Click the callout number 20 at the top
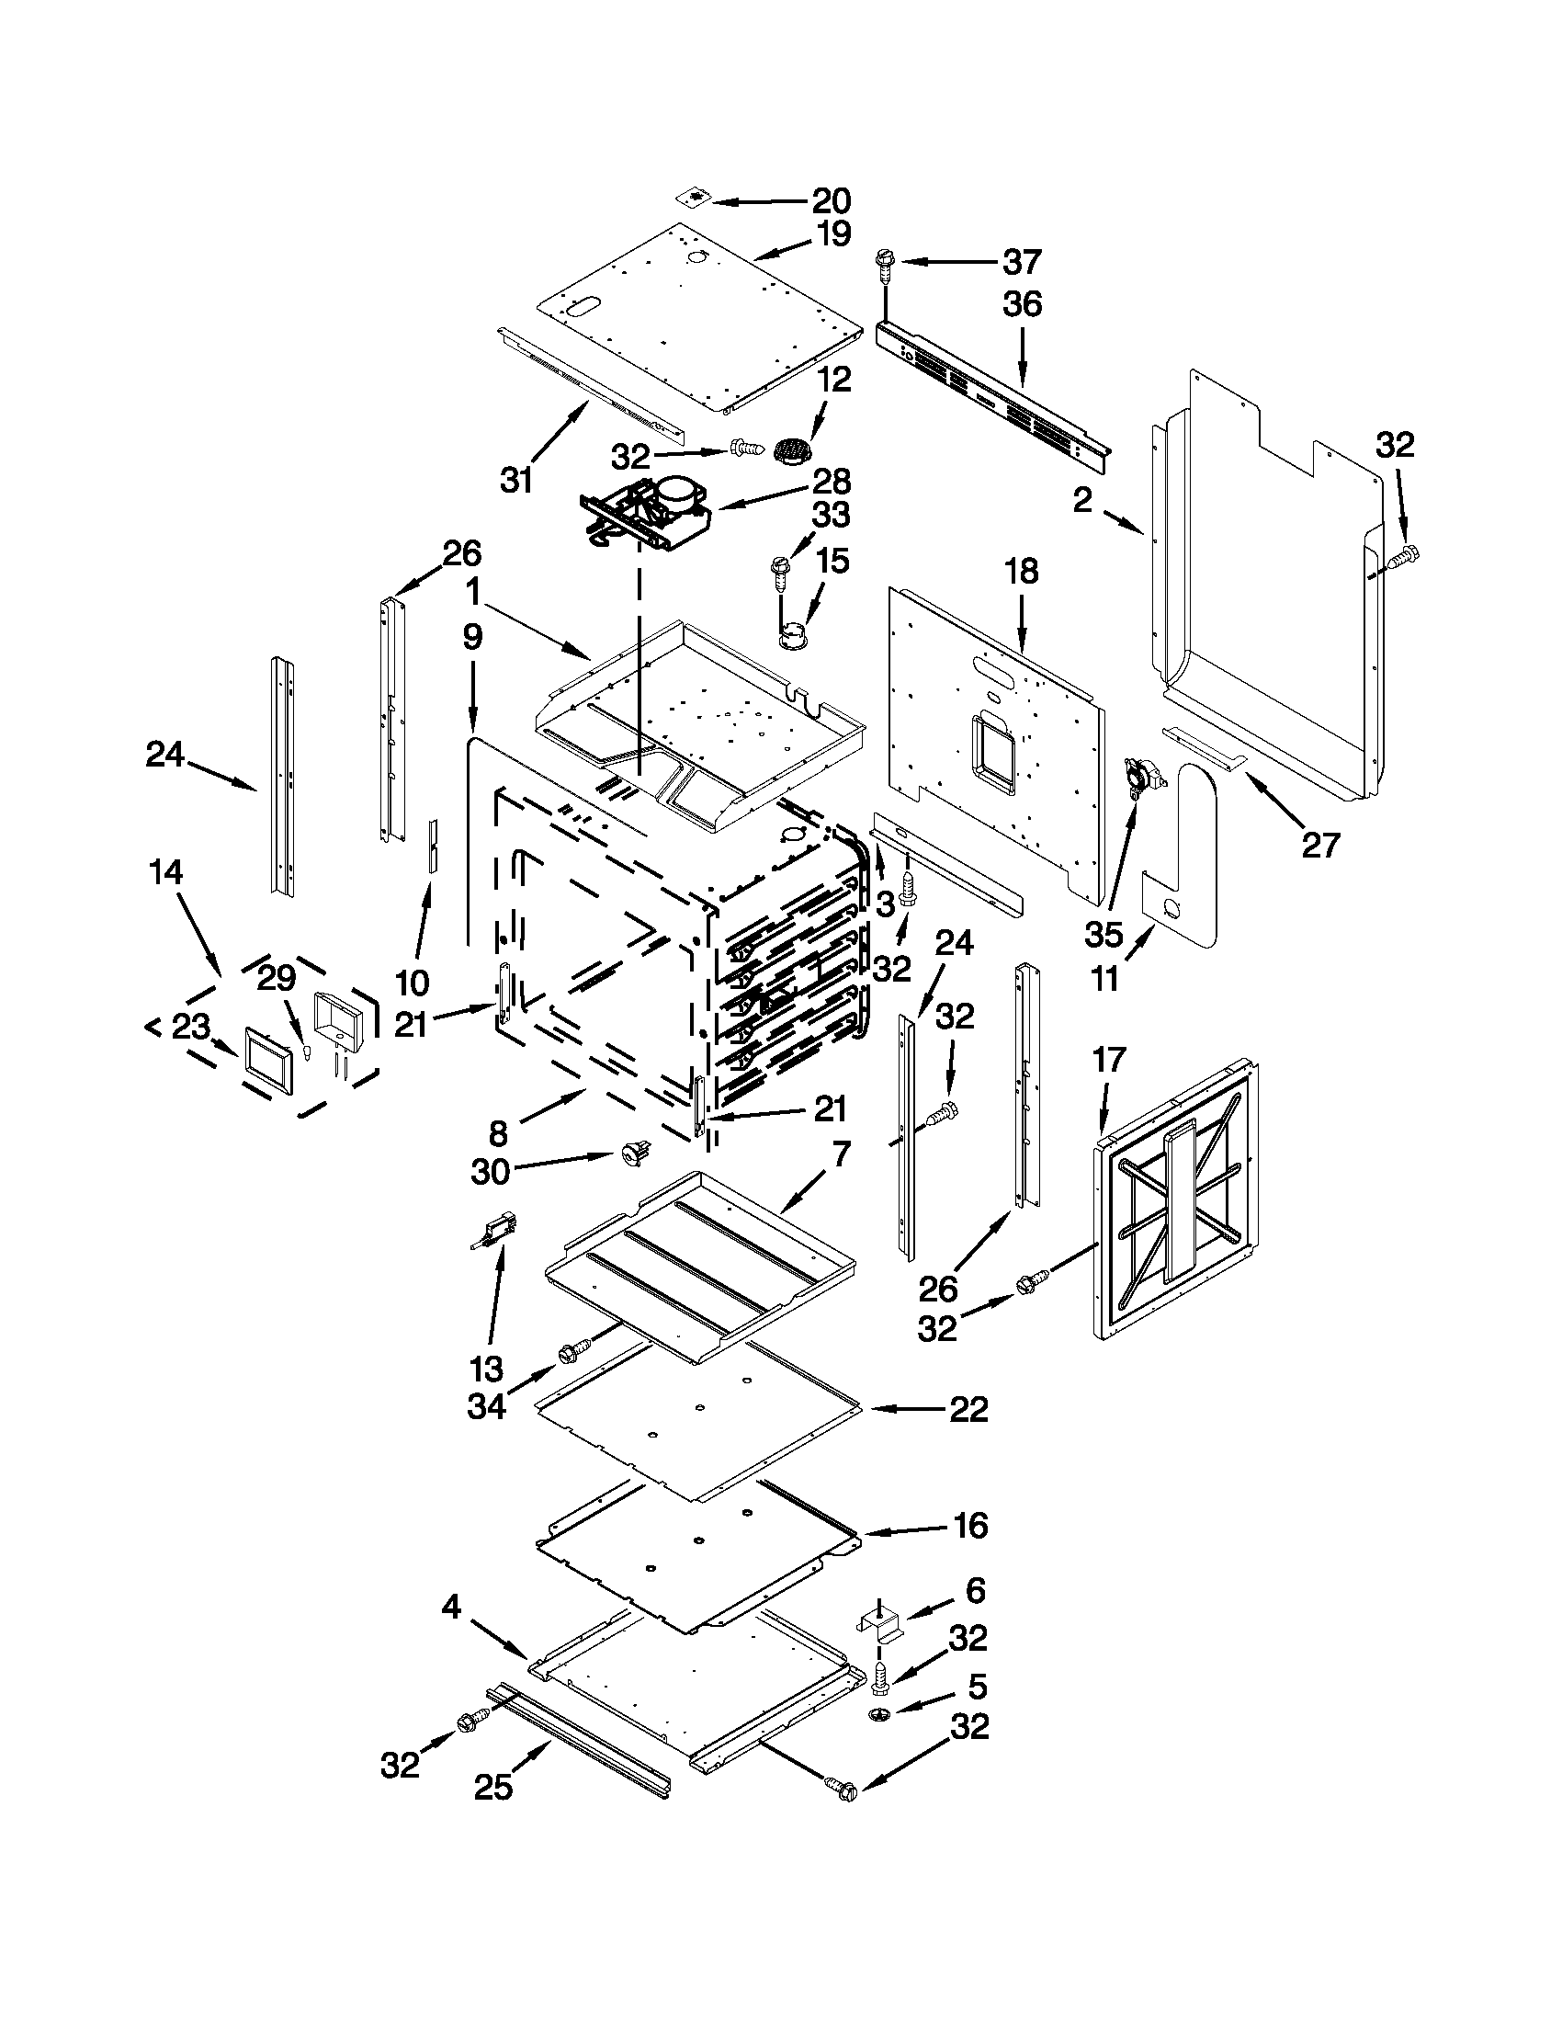pyautogui.click(x=831, y=200)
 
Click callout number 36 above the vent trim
pyautogui.click(x=1023, y=304)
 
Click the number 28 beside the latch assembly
pyautogui.click(x=832, y=482)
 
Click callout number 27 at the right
pyautogui.click(x=1320, y=845)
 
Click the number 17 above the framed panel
pyautogui.click(x=1109, y=1059)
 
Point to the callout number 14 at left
pyautogui.click(x=166, y=871)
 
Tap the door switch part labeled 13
pyautogui.click(x=496, y=1233)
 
